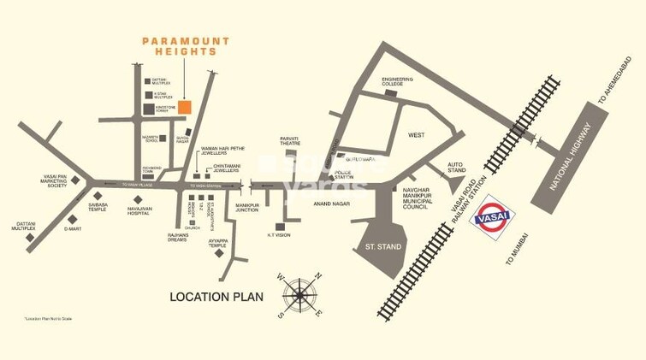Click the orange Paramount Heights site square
(x=185, y=107)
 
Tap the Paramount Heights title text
(x=180, y=45)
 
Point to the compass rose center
(x=299, y=296)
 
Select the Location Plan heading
(x=216, y=297)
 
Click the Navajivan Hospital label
(x=145, y=210)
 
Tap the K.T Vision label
(x=279, y=234)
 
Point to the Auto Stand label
(x=455, y=168)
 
